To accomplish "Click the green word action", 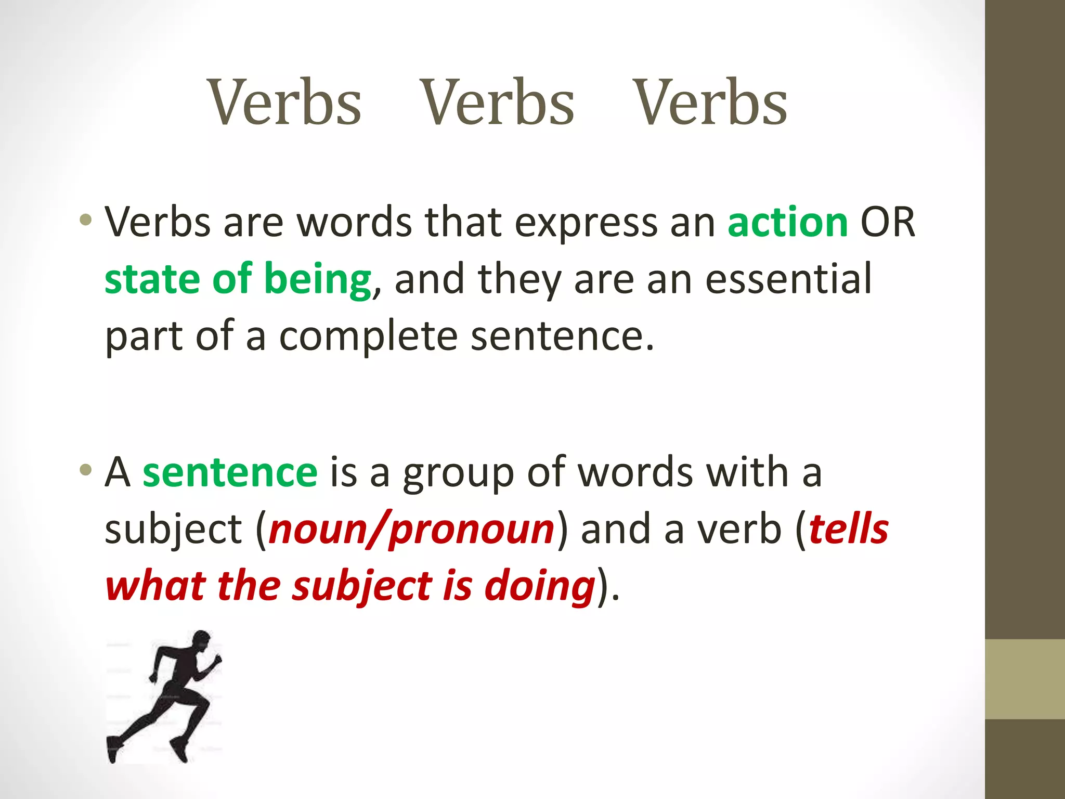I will click(787, 223).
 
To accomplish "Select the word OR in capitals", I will click(888, 223).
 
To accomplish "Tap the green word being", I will click(317, 280).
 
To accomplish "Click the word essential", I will click(788, 279).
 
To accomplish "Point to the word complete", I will click(368, 337).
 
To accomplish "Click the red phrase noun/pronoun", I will click(411, 530).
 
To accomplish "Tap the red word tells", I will click(849, 530).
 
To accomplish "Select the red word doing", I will click(539, 587).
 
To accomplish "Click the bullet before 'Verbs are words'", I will click(86, 221).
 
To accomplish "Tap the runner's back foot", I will click(113, 749).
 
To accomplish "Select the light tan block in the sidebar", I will click(1024, 679).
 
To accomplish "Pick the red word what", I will click(155, 587).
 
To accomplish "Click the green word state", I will click(152, 280).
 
